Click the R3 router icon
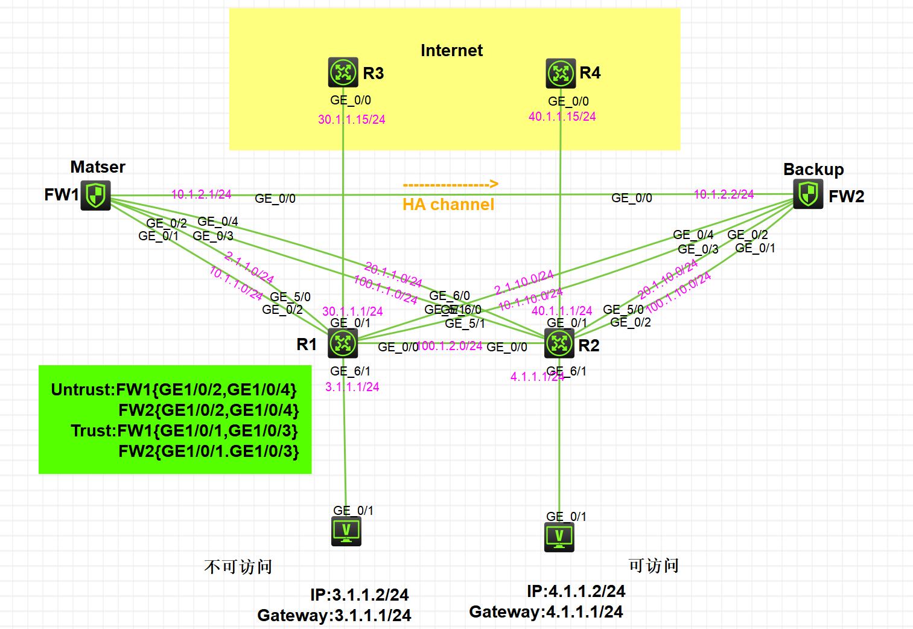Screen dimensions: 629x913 click(x=343, y=72)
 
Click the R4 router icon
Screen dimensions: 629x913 click(x=561, y=74)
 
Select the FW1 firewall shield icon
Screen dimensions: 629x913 click(x=96, y=196)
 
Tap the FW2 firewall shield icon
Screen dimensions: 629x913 click(x=808, y=194)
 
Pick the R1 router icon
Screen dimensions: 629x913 click(x=343, y=343)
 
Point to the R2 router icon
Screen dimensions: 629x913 click(x=559, y=343)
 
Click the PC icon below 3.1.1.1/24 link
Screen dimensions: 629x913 click(x=346, y=532)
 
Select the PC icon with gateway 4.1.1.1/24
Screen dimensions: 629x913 click(x=559, y=537)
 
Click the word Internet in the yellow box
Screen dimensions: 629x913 click(x=451, y=51)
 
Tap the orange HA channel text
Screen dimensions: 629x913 click(x=448, y=205)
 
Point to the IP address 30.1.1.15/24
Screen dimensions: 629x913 click(x=352, y=120)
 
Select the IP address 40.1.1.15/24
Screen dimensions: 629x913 click(x=562, y=117)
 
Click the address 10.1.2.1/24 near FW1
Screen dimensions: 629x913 click(x=202, y=194)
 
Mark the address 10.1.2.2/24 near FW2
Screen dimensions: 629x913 click(x=724, y=194)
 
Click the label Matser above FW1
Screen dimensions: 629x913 click(x=98, y=167)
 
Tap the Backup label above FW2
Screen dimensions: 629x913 click(x=813, y=170)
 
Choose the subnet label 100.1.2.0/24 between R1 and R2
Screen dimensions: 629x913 click(x=450, y=346)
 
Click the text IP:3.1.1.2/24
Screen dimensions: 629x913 click(x=360, y=595)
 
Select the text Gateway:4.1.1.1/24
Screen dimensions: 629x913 click(x=546, y=612)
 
